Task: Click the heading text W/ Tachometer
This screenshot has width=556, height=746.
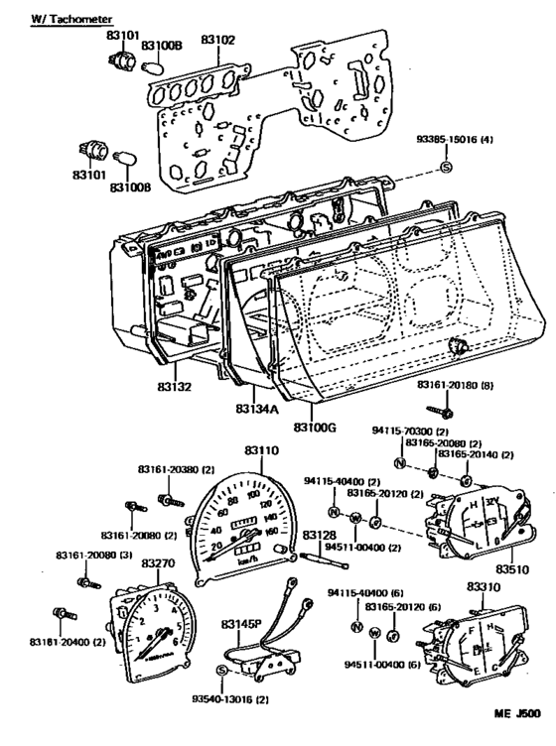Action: pyautogui.click(x=71, y=19)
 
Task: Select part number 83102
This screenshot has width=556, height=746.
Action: pyautogui.click(x=217, y=42)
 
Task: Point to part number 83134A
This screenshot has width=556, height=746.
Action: pyautogui.click(x=257, y=407)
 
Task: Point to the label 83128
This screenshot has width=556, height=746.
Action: pyautogui.click(x=319, y=536)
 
